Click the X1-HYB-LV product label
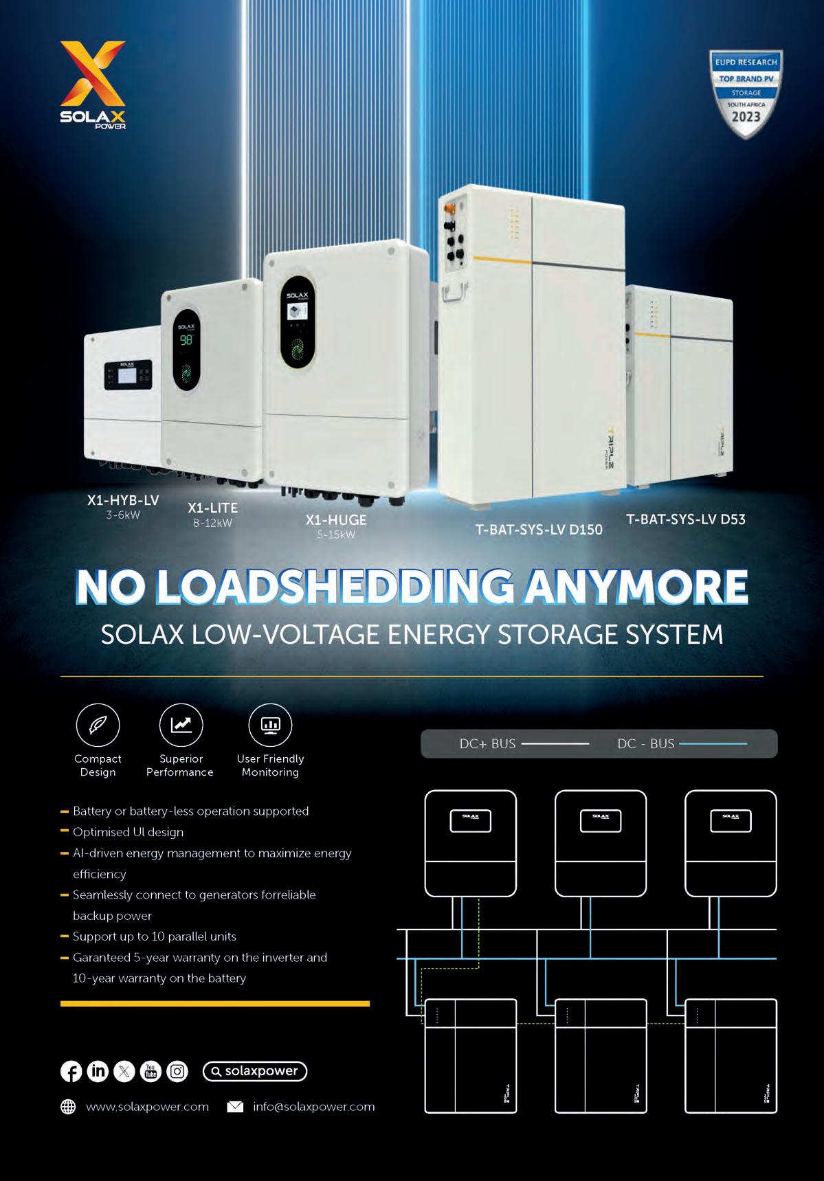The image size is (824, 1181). [x=123, y=501]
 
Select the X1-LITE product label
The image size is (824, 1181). [x=212, y=508]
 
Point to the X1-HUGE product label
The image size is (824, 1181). [x=336, y=520]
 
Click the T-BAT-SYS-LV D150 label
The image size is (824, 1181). [x=539, y=530]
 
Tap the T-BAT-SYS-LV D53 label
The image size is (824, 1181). [x=685, y=519]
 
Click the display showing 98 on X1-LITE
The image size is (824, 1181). [x=186, y=340]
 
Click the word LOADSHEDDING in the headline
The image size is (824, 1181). [x=336, y=587]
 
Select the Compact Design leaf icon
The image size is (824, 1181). [x=98, y=725]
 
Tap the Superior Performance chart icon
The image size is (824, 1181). [x=181, y=725]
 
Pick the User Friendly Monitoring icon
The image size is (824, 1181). [x=269, y=725]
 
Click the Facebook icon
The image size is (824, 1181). [x=71, y=1071]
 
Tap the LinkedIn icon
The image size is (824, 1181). [x=98, y=1071]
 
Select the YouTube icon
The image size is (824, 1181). [x=151, y=1071]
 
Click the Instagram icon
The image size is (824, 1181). [x=177, y=1071]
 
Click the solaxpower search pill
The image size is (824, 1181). [x=254, y=1071]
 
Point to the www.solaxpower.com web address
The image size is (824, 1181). [x=147, y=1107]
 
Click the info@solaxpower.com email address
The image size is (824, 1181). [x=313, y=1107]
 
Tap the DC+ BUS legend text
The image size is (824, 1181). [x=487, y=744]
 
